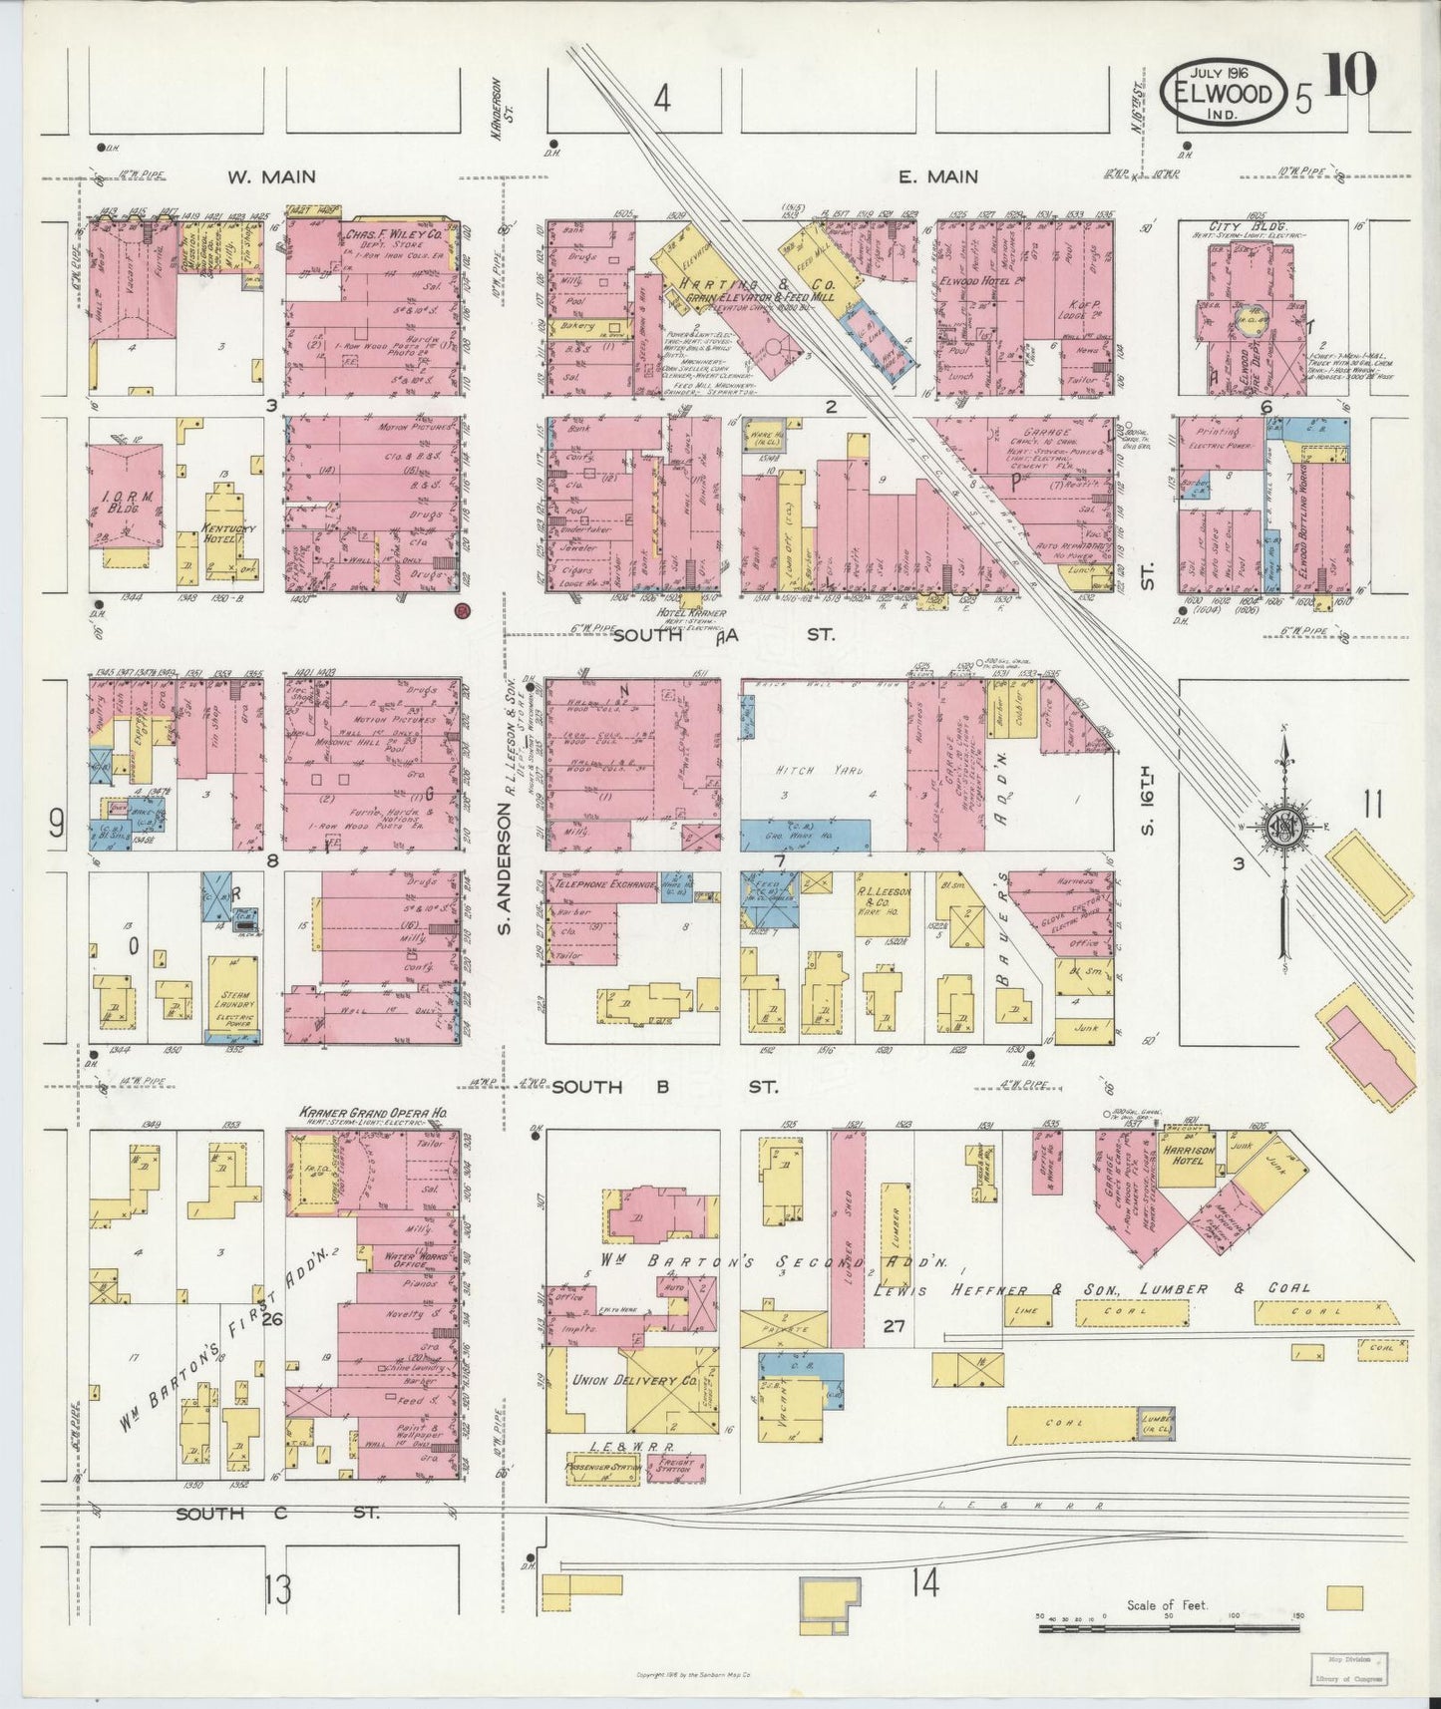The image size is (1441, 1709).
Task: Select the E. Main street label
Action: point(937,176)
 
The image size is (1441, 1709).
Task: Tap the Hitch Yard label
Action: point(814,771)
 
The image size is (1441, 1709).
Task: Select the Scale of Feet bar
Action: point(1167,1628)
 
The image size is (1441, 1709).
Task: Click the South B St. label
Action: point(665,1088)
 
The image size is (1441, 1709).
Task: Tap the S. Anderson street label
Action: point(505,872)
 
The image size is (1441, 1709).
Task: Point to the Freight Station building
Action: point(676,1467)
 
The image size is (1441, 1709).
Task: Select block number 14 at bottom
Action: point(923,1583)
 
